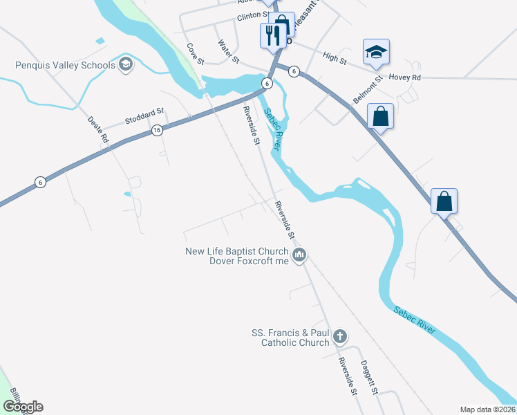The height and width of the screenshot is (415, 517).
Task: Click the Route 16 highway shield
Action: point(157,130)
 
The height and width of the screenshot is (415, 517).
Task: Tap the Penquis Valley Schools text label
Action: point(66,66)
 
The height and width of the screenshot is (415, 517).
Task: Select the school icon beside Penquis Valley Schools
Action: point(125,66)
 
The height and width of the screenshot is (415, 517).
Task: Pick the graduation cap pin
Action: point(376,52)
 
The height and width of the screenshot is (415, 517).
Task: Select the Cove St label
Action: point(194,55)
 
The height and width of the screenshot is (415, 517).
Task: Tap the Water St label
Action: point(228,49)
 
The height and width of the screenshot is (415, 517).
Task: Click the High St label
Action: point(335,60)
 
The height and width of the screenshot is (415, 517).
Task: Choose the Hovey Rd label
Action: point(405,77)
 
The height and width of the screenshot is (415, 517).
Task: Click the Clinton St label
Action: point(252,15)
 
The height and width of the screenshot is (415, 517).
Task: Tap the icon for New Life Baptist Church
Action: point(299,256)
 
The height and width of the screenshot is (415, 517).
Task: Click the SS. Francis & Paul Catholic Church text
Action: point(290,338)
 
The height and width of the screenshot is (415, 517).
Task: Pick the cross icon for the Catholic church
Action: point(339,337)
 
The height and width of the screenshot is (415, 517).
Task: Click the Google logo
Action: point(23,407)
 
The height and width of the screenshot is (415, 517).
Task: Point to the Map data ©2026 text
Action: point(487,409)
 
